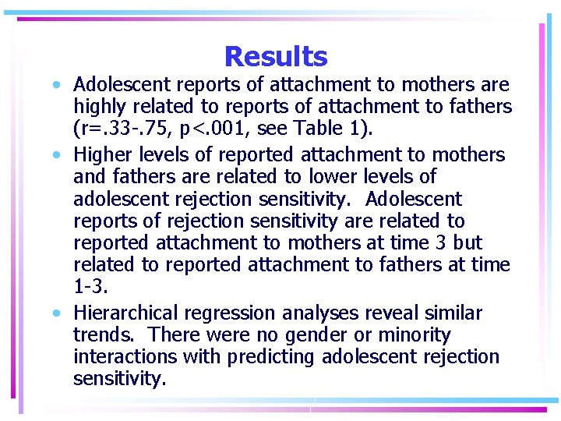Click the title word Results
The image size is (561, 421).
tap(276, 56)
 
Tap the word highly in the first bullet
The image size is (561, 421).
tap(97, 106)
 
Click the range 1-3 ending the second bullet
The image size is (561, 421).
tap(90, 286)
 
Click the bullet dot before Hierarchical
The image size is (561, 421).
tap(58, 313)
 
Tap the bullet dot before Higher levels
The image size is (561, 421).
tap(58, 155)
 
